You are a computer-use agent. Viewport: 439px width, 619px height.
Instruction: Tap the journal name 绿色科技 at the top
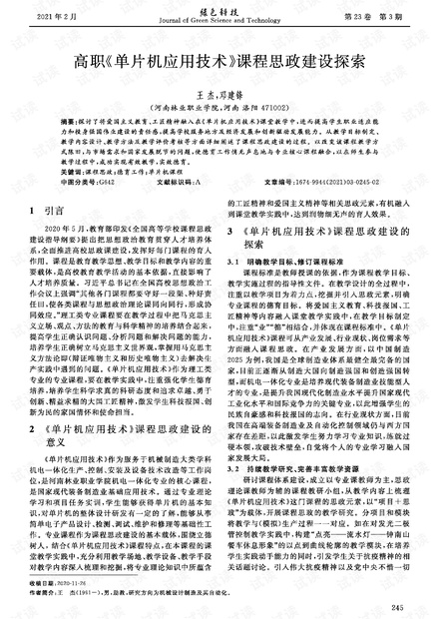(219, 11)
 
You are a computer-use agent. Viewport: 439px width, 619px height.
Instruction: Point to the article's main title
(219, 60)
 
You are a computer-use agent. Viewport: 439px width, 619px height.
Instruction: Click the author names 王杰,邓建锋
(219, 90)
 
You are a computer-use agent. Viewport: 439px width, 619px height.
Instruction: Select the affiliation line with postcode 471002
(219, 104)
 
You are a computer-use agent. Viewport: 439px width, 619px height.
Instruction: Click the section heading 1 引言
(49, 212)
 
